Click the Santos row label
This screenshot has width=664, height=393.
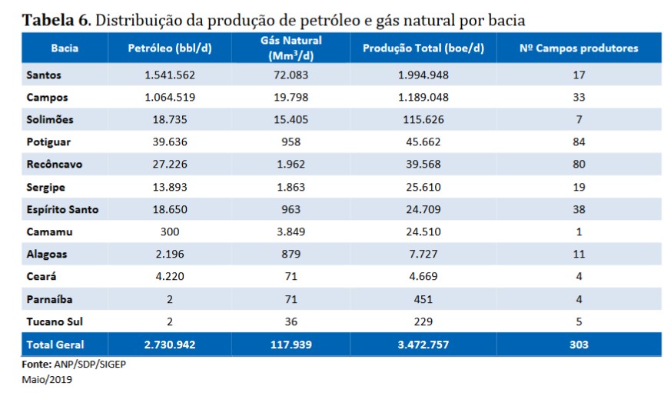click(43, 75)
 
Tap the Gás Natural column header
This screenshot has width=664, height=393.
click(296, 48)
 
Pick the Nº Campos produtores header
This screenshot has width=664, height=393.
click(579, 48)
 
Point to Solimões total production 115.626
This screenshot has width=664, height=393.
click(423, 119)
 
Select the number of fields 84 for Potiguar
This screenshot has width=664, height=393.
click(579, 142)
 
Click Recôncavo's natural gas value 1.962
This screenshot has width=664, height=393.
click(296, 164)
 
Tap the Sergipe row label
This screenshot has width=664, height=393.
click(45, 186)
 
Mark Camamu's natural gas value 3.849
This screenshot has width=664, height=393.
click(296, 231)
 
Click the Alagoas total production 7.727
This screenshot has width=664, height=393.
click(423, 253)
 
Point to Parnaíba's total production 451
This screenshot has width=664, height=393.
click(423, 298)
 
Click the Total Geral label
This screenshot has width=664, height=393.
click(55, 345)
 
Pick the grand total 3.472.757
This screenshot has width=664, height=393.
click(423, 345)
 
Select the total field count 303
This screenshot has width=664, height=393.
click(579, 345)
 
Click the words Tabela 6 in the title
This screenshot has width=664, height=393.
click(55, 18)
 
